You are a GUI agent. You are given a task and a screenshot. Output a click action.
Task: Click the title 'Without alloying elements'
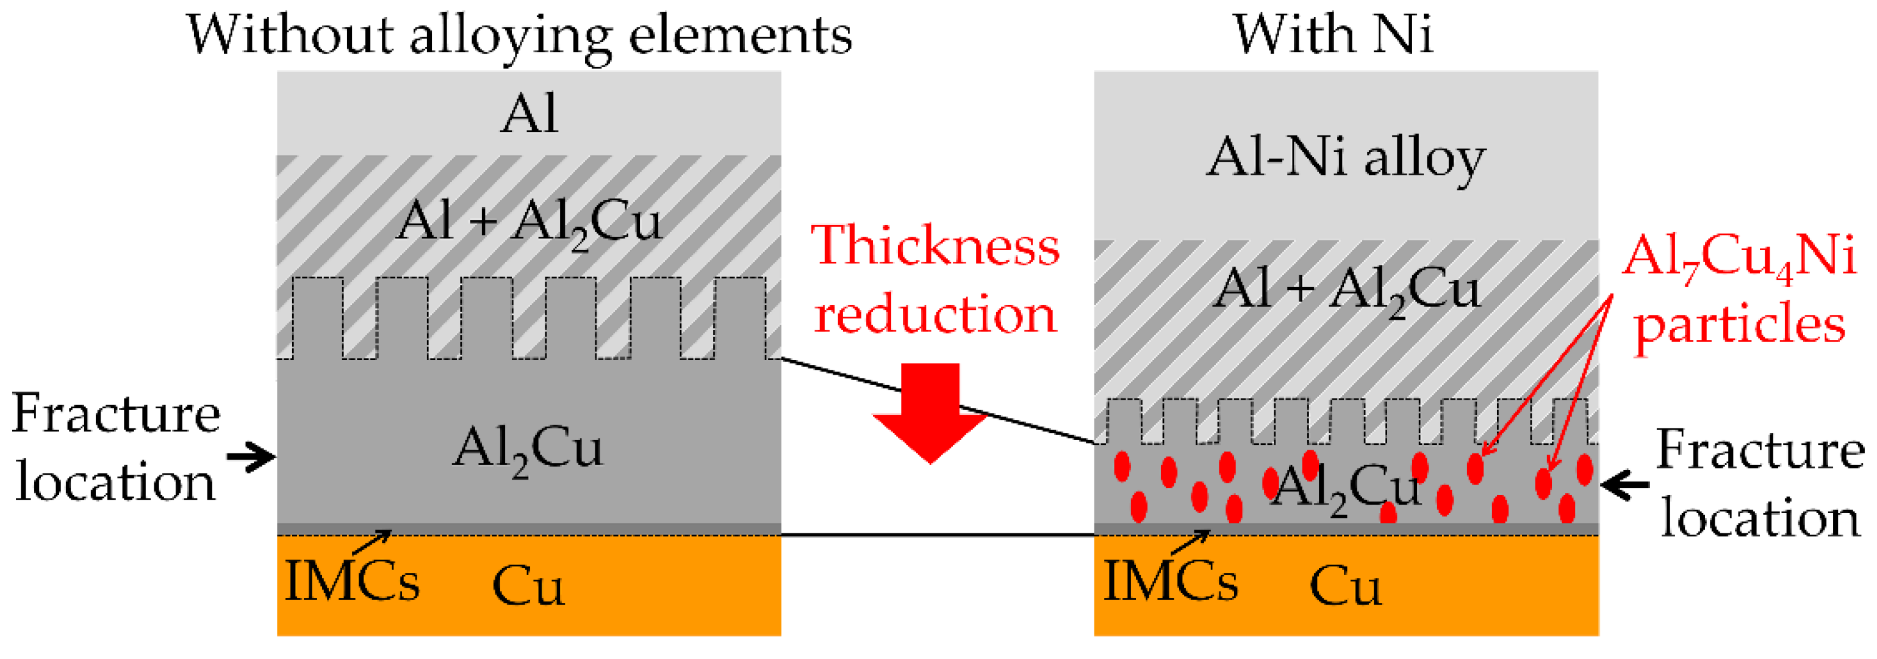click(519, 35)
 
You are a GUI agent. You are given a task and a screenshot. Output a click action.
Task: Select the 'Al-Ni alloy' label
click(1345, 157)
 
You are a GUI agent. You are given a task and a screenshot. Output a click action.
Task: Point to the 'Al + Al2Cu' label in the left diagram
click(529, 221)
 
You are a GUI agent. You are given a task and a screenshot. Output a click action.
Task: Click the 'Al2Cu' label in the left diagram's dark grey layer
click(528, 449)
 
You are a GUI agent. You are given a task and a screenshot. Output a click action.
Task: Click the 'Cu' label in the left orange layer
click(528, 586)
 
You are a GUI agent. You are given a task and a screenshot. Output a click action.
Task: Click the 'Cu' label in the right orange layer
click(1345, 586)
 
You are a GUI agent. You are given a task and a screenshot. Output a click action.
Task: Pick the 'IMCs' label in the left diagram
click(352, 582)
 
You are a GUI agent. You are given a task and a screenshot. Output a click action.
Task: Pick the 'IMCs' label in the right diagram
click(1170, 582)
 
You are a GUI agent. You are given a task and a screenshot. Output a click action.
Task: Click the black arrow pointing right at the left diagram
click(251, 457)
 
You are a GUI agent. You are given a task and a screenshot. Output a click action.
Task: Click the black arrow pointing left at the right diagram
click(1624, 484)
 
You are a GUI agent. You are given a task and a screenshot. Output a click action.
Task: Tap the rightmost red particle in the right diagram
click(1584, 470)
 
